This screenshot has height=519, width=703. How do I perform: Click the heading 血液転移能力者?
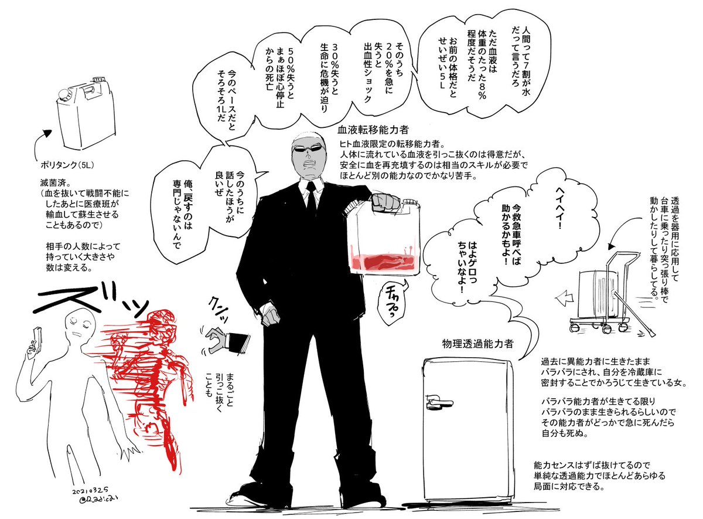pyautogui.click(x=373, y=130)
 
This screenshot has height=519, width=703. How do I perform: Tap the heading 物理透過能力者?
pyautogui.click(x=477, y=344)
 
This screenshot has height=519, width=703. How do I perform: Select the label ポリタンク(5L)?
pyautogui.click(x=67, y=165)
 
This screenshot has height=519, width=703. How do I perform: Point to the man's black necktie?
pyautogui.click(x=311, y=198)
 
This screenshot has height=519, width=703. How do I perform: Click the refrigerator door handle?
pyautogui.click(x=438, y=402)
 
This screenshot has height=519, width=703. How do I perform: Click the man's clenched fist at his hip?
pyautogui.click(x=270, y=316)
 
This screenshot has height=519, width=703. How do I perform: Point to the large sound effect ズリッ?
pyautogui.click(x=91, y=298)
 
